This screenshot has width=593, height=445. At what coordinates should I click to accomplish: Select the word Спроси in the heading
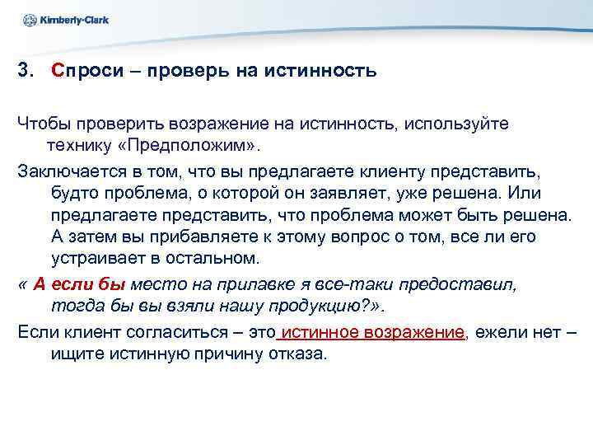(x=84, y=72)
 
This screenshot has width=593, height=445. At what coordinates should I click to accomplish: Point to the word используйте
(x=460, y=124)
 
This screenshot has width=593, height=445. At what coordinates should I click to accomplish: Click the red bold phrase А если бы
(x=79, y=284)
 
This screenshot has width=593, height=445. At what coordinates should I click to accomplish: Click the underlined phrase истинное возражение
(x=373, y=332)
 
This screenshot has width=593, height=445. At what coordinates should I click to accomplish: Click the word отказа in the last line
(x=295, y=354)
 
